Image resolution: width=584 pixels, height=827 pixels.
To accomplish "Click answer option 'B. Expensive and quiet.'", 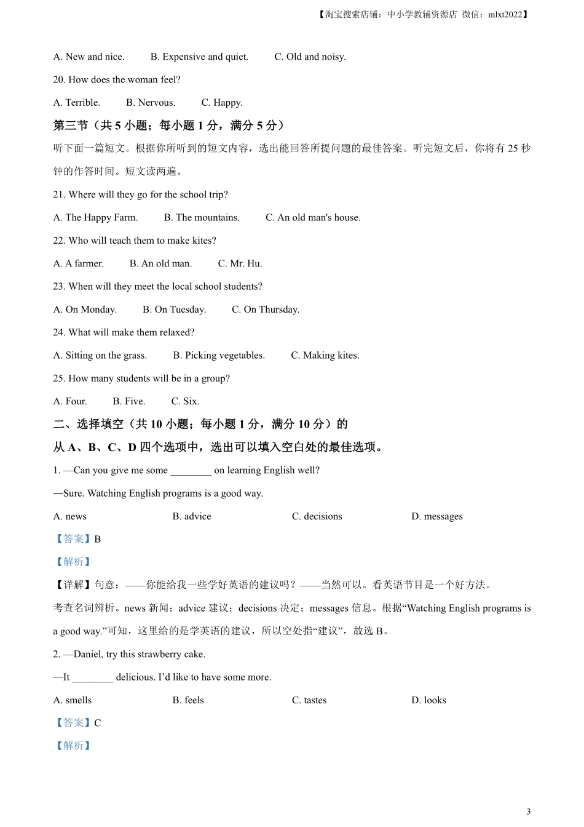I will click(199, 57).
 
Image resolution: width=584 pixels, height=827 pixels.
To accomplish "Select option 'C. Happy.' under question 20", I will click(222, 103).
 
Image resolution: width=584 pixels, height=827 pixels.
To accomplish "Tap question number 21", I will click(59, 195).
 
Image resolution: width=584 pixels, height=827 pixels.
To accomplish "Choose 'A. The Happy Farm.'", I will click(95, 218).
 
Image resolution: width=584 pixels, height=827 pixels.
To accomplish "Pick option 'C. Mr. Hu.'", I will click(240, 264).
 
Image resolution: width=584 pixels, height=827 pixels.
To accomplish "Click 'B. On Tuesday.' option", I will click(174, 310).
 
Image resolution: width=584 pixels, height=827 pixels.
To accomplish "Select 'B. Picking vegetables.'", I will click(219, 356).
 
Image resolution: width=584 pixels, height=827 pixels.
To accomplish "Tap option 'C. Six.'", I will click(185, 402).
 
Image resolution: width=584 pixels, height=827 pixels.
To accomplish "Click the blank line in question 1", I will click(191, 471).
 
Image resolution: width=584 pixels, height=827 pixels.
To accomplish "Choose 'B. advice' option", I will click(191, 517).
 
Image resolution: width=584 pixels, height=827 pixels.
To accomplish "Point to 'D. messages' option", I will click(436, 517).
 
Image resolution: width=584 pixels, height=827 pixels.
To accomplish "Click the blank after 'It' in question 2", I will click(92, 677).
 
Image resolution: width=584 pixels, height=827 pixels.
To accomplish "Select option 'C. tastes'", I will click(309, 700).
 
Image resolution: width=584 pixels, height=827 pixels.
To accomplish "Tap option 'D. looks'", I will click(428, 700).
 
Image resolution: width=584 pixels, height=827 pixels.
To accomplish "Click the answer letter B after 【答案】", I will click(97, 540).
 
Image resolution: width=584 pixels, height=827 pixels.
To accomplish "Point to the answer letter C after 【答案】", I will click(97, 723).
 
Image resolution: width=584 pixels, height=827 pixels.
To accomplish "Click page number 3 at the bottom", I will click(528, 812).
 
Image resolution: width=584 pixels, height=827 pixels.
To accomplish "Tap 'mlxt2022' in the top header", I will click(505, 15).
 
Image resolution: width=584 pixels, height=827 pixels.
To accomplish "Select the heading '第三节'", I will click(71, 126).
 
